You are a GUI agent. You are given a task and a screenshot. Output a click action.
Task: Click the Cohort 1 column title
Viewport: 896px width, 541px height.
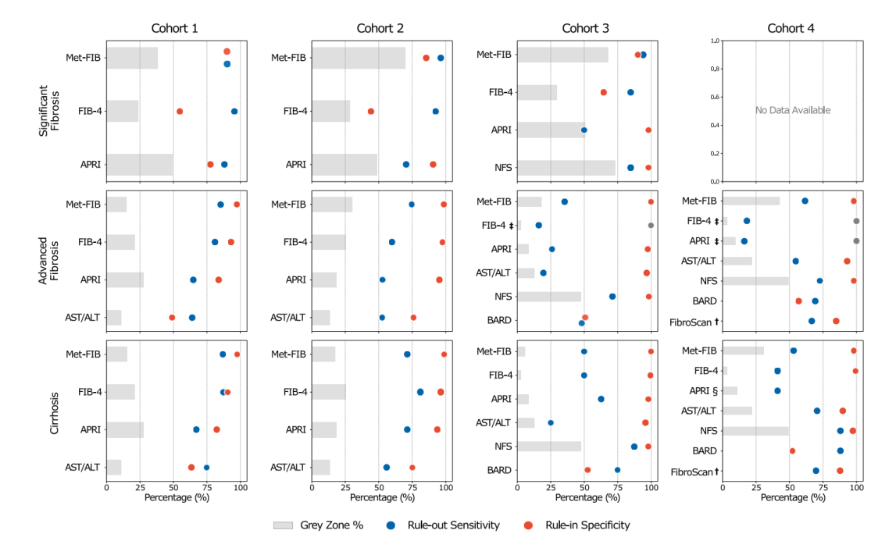tap(174, 29)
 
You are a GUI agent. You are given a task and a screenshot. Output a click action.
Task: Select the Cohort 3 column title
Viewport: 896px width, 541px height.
tap(585, 29)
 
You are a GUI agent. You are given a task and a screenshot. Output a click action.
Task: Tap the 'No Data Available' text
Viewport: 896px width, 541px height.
tap(792, 111)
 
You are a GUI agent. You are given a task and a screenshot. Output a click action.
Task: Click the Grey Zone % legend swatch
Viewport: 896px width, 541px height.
tap(292, 525)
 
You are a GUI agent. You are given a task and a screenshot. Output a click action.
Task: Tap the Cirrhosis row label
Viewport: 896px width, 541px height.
tap(55, 411)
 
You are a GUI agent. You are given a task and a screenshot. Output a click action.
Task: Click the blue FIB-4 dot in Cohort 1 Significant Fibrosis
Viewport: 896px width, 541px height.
tap(234, 112)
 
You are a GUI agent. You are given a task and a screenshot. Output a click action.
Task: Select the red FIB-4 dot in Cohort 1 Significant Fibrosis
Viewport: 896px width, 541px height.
tap(180, 112)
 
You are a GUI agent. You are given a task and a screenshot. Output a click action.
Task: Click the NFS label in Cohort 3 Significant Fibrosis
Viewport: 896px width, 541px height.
tap(502, 168)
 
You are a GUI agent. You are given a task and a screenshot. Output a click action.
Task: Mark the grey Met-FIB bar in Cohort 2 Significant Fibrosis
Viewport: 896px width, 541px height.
tap(359, 58)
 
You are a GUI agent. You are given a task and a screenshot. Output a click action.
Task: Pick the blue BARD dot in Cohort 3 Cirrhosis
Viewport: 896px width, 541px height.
tap(617, 470)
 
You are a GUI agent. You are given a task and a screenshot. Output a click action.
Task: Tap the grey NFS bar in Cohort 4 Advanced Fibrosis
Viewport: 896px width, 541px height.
tap(755, 281)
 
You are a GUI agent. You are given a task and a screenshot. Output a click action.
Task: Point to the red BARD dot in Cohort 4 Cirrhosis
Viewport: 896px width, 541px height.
tap(792, 450)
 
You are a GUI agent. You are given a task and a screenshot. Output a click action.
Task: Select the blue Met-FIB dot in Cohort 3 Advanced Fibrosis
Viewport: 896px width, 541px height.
tap(565, 201)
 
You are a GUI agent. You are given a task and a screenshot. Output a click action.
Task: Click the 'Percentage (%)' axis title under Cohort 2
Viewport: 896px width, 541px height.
tap(379, 497)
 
